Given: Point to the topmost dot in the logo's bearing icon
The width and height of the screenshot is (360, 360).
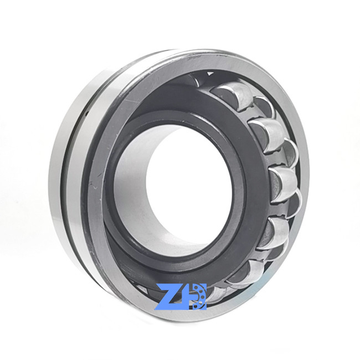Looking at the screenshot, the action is click(196, 287).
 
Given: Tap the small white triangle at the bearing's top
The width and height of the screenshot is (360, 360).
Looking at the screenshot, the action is click(209, 74).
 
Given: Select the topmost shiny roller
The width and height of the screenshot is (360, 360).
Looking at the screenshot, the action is click(232, 95).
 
